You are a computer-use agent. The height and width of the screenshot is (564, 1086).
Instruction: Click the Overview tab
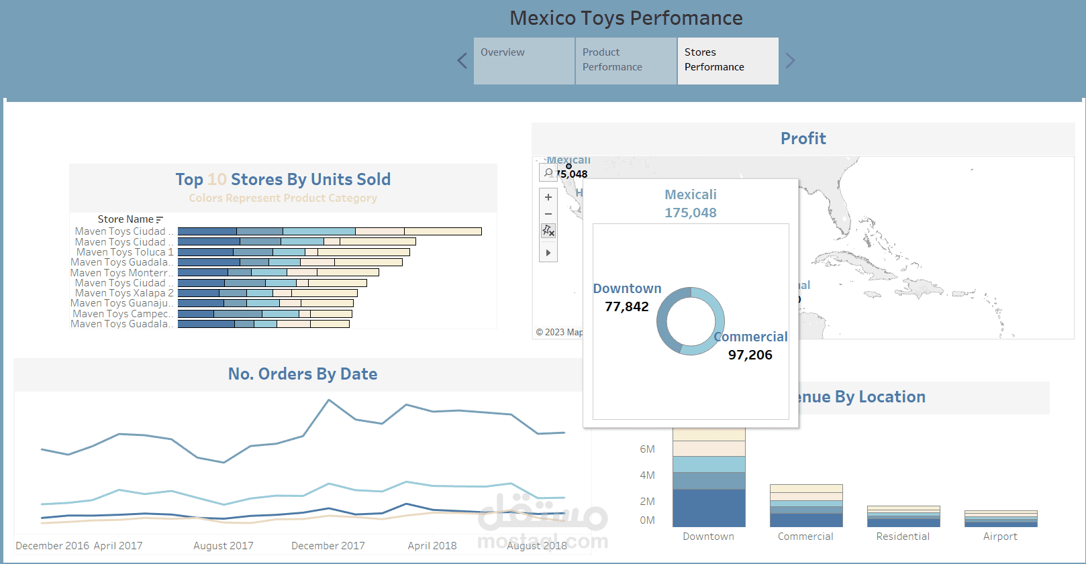pyautogui.click(x=524, y=60)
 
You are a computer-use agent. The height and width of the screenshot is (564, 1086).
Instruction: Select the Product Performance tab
pyautogui.click(x=626, y=60)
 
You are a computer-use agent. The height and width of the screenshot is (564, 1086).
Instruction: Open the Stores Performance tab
pyautogui.click(x=728, y=60)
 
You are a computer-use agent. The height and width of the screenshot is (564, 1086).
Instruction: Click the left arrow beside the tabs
pyautogui.click(x=462, y=61)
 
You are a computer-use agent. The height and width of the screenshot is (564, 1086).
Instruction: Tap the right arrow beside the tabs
pyautogui.click(x=790, y=61)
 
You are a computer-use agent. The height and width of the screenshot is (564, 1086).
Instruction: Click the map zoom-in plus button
pyautogui.click(x=548, y=197)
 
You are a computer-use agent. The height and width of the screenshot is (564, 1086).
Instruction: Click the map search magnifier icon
pyautogui.click(x=548, y=173)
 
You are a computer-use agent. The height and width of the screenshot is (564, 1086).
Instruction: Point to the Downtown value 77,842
pyautogui.click(x=627, y=307)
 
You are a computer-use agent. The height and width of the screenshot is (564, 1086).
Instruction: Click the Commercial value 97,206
pyautogui.click(x=750, y=355)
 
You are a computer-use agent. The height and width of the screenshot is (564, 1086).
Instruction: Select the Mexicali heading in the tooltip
pyautogui.click(x=691, y=195)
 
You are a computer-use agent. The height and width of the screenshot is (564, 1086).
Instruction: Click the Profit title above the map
pyautogui.click(x=803, y=139)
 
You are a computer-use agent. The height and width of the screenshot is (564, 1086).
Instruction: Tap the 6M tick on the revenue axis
pyautogui.click(x=647, y=449)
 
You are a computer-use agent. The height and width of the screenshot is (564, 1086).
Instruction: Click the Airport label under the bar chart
pyautogui.click(x=1000, y=537)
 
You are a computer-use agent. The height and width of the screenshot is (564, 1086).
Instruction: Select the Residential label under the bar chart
pyautogui.click(x=903, y=537)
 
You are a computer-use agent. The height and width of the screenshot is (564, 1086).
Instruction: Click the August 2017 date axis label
pyautogui.click(x=224, y=546)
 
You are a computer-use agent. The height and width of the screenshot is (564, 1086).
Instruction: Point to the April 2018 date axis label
pyautogui.click(x=432, y=546)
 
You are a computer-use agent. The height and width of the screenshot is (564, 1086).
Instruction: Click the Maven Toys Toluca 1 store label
pyautogui.click(x=125, y=252)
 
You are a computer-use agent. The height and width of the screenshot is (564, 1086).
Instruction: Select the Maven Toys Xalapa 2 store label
pyautogui.click(x=124, y=293)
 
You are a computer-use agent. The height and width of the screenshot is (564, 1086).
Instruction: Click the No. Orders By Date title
pyautogui.click(x=303, y=374)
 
